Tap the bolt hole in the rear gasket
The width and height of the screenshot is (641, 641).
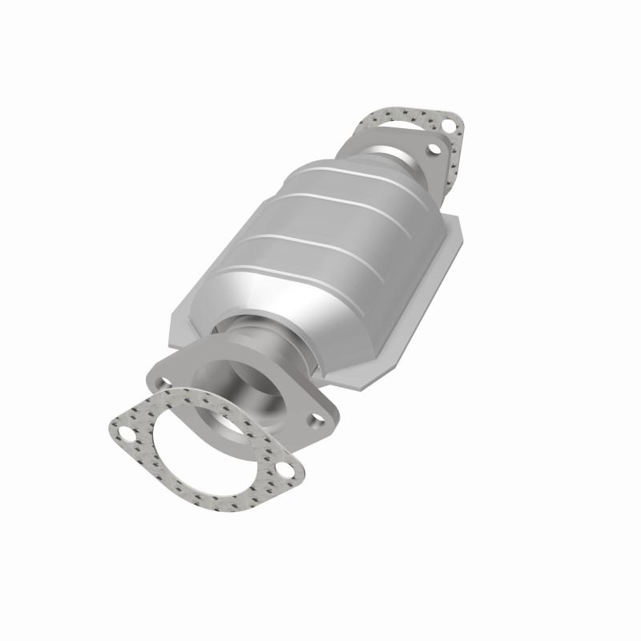coord(450,125)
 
